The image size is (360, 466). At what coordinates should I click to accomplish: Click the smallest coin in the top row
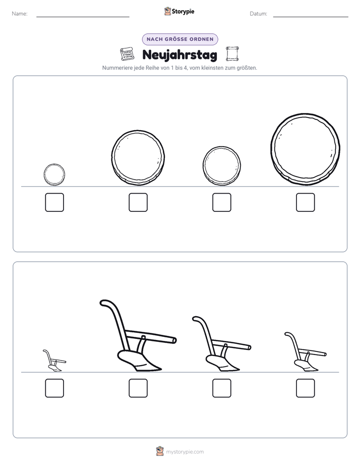pyautogui.click(x=54, y=174)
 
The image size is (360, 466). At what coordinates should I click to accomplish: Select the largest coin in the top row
pyautogui.click(x=306, y=149)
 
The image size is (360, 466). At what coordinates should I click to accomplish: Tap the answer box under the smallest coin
pyautogui.click(x=54, y=202)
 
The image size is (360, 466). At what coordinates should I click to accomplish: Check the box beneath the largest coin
pyautogui.click(x=306, y=202)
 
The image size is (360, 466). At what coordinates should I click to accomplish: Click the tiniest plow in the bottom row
pyautogui.click(x=54, y=361)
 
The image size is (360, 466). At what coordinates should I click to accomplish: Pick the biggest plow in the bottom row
pyautogui.click(x=138, y=335)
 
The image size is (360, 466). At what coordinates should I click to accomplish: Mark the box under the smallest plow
pyautogui.click(x=54, y=388)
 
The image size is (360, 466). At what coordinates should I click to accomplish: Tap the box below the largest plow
pyautogui.click(x=138, y=388)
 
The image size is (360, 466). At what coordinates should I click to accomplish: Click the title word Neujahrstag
pyautogui.click(x=179, y=55)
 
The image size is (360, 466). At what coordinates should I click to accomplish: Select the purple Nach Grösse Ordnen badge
pyautogui.click(x=180, y=39)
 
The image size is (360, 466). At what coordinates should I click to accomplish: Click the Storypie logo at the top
pyautogui.click(x=179, y=11)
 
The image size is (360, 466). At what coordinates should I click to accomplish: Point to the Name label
pyautogui.click(x=20, y=14)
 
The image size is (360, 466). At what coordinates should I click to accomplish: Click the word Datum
pyautogui.click(x=259, y=14)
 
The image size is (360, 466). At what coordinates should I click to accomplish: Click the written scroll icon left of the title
pyautogui.click(x=127, y=54)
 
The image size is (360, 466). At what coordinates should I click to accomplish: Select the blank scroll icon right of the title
pyautogui.click(x=232, y=54)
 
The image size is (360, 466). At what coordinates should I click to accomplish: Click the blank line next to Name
pyautogui.click(x=83, y=17)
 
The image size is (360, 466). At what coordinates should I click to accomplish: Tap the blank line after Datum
pyautogui.click(x=311, y=17)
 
